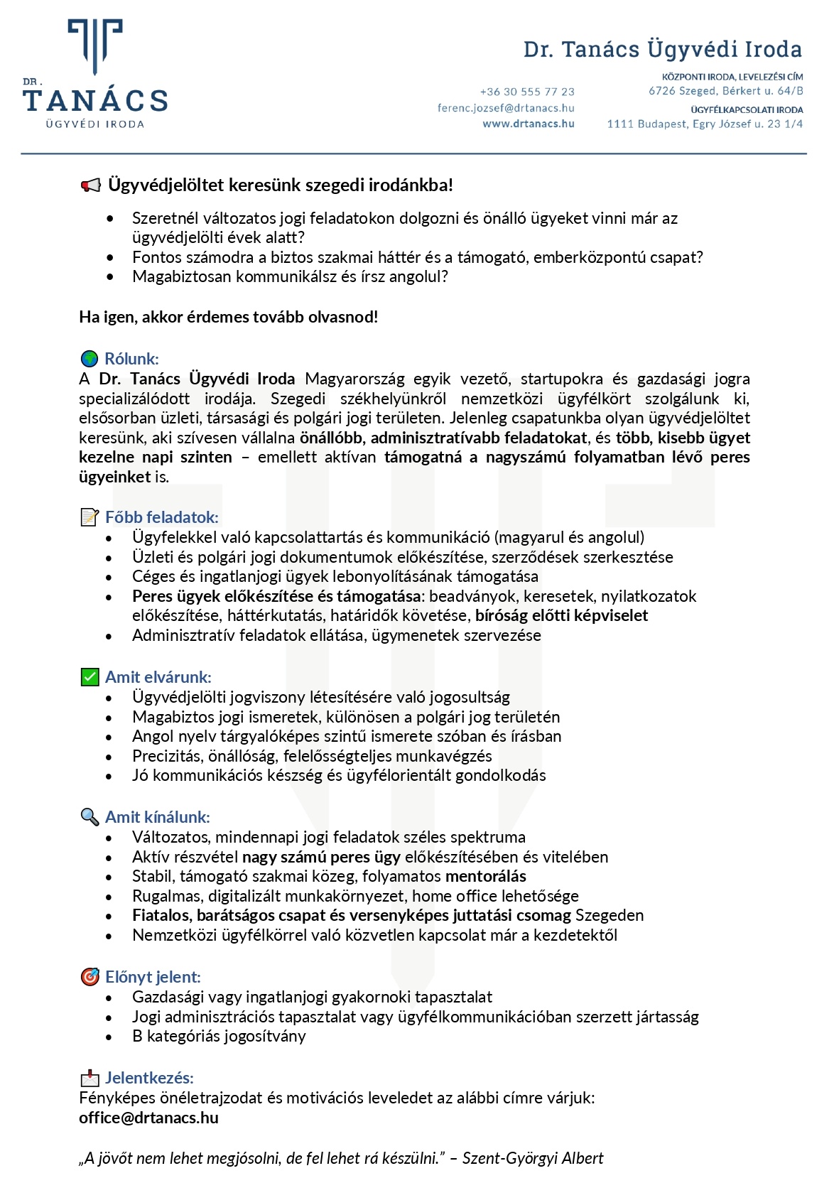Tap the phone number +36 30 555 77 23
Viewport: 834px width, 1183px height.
point(527,92)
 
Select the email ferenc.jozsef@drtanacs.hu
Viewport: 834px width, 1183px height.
point(506,108)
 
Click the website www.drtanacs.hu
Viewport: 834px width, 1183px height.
point(529,124)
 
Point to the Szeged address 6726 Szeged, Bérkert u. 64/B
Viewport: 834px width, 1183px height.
point(725,91)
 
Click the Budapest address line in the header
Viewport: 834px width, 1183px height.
point(705,124)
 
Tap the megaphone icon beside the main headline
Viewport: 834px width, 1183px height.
point(90,185)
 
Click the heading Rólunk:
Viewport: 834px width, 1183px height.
point(131,359)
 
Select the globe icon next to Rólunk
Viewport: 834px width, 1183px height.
point(90,359)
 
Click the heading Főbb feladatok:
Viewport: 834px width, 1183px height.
point(161,517)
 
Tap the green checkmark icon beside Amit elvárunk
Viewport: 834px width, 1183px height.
point(90,677)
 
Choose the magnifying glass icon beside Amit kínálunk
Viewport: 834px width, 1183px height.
point(90,817)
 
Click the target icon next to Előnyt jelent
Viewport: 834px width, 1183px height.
point(90,977)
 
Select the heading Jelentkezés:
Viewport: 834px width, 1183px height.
point(149,1078)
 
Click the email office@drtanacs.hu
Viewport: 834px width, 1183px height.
point(148,1118)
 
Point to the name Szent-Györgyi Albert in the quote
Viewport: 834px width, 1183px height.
point(532,1158)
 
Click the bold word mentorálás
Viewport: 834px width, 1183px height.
point(486,876)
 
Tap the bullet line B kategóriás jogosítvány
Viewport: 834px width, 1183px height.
point(219,1036)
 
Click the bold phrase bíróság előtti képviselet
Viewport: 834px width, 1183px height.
point(561,615)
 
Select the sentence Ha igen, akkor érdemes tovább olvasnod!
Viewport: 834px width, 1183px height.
point(228,317)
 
